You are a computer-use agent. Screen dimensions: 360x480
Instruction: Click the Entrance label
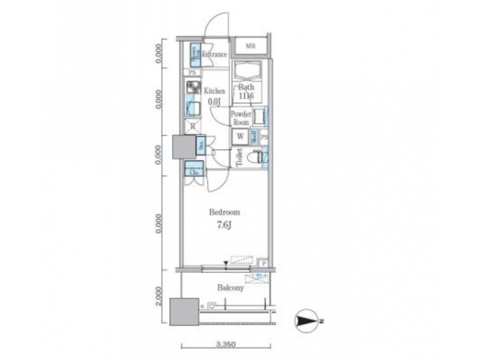coord(215,55)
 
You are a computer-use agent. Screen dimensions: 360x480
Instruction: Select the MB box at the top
coord(250,46)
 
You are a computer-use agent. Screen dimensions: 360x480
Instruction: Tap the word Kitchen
coord(214,91)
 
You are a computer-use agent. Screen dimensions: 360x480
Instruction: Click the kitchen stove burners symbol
coord(193,87)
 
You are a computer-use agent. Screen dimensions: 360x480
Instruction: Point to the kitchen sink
coord(193,108)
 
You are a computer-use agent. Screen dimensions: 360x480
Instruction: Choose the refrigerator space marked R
coord(193,126)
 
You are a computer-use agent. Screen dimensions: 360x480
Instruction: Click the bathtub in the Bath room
coord(247,72)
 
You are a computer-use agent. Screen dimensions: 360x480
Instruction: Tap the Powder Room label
coord(240,118)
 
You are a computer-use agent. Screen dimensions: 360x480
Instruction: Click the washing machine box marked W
coord(239,137)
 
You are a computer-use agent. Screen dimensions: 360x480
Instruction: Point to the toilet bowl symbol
coord(254,157)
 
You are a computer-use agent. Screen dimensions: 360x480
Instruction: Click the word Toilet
coord(238,157)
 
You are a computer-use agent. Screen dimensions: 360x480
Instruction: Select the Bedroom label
coord(224,213)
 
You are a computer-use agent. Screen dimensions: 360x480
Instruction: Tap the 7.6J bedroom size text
coord(224,226)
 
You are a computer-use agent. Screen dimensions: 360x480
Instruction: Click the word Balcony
coord(230,288)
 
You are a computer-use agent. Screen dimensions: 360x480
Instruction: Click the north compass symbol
coord(308,322)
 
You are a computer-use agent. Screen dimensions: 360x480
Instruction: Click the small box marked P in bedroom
coord(264,263)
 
